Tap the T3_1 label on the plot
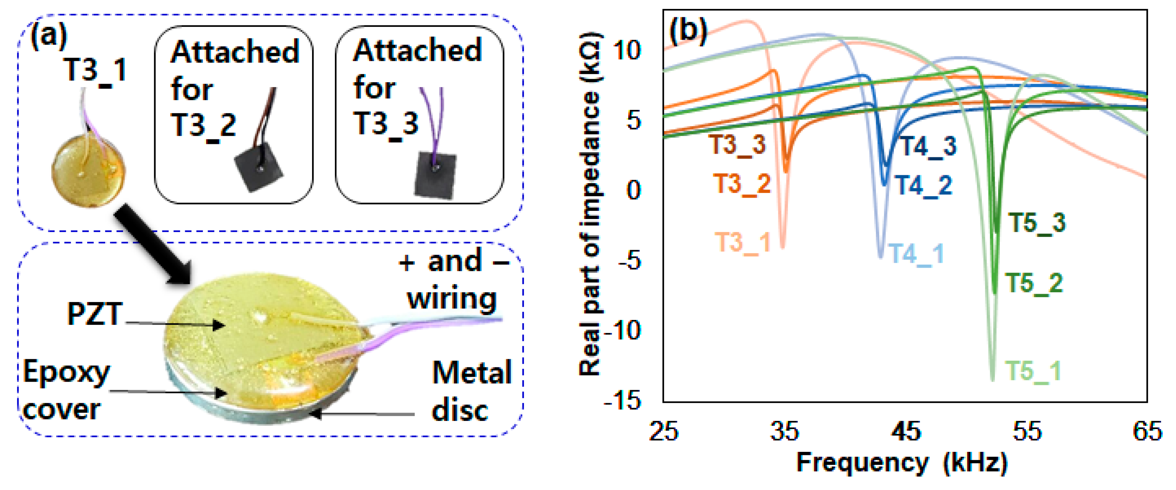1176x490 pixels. point(742,243)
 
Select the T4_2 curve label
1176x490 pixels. point(923,186)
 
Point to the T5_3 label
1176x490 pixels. point(1037,223)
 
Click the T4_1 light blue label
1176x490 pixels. point(915,254)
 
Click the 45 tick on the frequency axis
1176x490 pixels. point(906,431)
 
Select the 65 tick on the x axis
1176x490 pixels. point(1147,431)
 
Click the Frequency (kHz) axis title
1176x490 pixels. point(902,463)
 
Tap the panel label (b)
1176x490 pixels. point(687,31)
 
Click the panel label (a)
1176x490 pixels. point(48,36)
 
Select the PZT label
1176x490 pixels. point(95,314)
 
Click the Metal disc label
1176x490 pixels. point(471,391)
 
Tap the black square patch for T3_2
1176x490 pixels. point(258,167)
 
